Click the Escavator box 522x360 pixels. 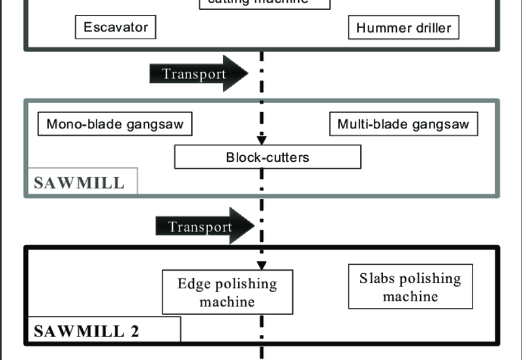(116, 27)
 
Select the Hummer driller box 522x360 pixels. (403, 28)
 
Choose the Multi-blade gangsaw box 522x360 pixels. (403, 124)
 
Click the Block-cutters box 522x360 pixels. (268, 157)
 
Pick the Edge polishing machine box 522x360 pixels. (227, 293)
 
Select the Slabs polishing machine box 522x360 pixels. (410, 287)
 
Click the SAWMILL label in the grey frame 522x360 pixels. (79, 182)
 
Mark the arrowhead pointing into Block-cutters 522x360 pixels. (262, 140)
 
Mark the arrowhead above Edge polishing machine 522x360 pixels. (262, 265)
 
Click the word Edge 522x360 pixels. (192, 284)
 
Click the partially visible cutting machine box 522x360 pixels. (264, 3)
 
